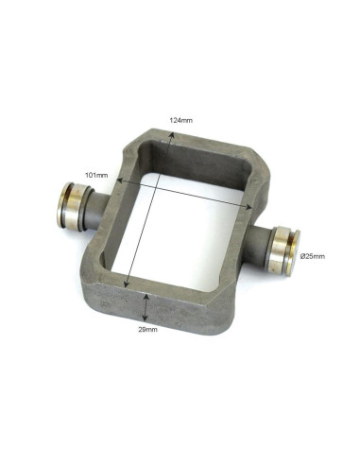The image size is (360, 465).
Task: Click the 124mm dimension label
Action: coord(180,120)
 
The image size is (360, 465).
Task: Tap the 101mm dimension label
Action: coord(96,175)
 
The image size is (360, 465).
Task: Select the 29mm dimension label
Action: coord(147,330)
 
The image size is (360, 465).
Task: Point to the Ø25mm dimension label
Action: coord(312,256)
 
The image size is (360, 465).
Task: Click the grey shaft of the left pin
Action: coord(98,211)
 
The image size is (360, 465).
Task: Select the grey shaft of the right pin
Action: coord(256,245)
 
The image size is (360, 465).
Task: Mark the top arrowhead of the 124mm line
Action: coord(171,134)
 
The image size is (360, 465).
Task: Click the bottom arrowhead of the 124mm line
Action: coord(127,284)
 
